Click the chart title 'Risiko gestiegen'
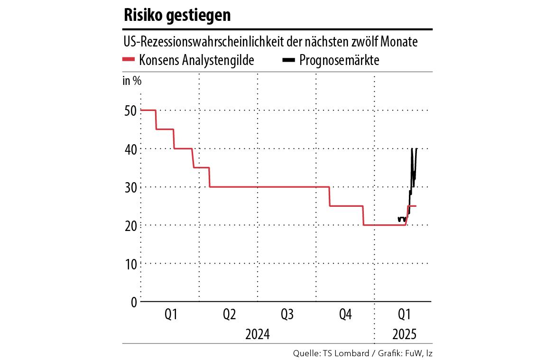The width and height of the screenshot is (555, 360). [x=177, y=15]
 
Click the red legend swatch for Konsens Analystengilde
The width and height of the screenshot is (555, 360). [x=129, y=60]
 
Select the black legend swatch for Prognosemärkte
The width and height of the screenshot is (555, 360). [x=289, y=60]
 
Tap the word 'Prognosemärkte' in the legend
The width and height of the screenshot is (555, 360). [x=339, y=60]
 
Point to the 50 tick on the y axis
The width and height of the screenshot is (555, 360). [x=131, y=111]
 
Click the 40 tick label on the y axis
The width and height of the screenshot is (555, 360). [x=131, y=149]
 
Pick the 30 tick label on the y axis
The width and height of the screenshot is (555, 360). [x=131, y=187]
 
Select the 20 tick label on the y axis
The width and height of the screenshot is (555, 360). [x=131, y=225]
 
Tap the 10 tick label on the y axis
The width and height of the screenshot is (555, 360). [x=131, y=263]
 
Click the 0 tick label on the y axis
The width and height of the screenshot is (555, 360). [x=133, y=302]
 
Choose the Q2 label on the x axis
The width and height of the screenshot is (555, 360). [x=229, y=314]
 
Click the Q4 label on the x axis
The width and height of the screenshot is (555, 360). [x=346, y=314]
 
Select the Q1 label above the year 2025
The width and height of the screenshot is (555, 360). [x=404, y=314]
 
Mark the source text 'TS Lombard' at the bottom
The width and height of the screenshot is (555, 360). [x=342, y=353]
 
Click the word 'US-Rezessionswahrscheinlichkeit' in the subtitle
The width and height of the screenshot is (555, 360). [x=204, y=42]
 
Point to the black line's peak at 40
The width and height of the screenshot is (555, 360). [x=412, y=149]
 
